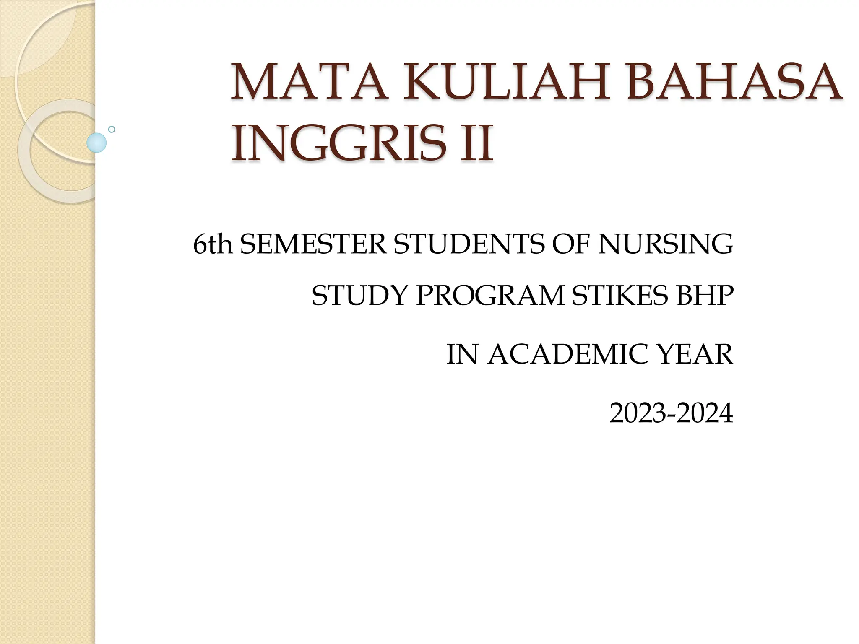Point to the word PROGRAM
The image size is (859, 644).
[x=490, y=296]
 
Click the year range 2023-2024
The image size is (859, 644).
[x=671, y=413]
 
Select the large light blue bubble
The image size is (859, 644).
[x=96, y=143]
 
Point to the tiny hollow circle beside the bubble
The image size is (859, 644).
[x=112, y=130]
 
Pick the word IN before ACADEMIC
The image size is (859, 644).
[x=462, y=355]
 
